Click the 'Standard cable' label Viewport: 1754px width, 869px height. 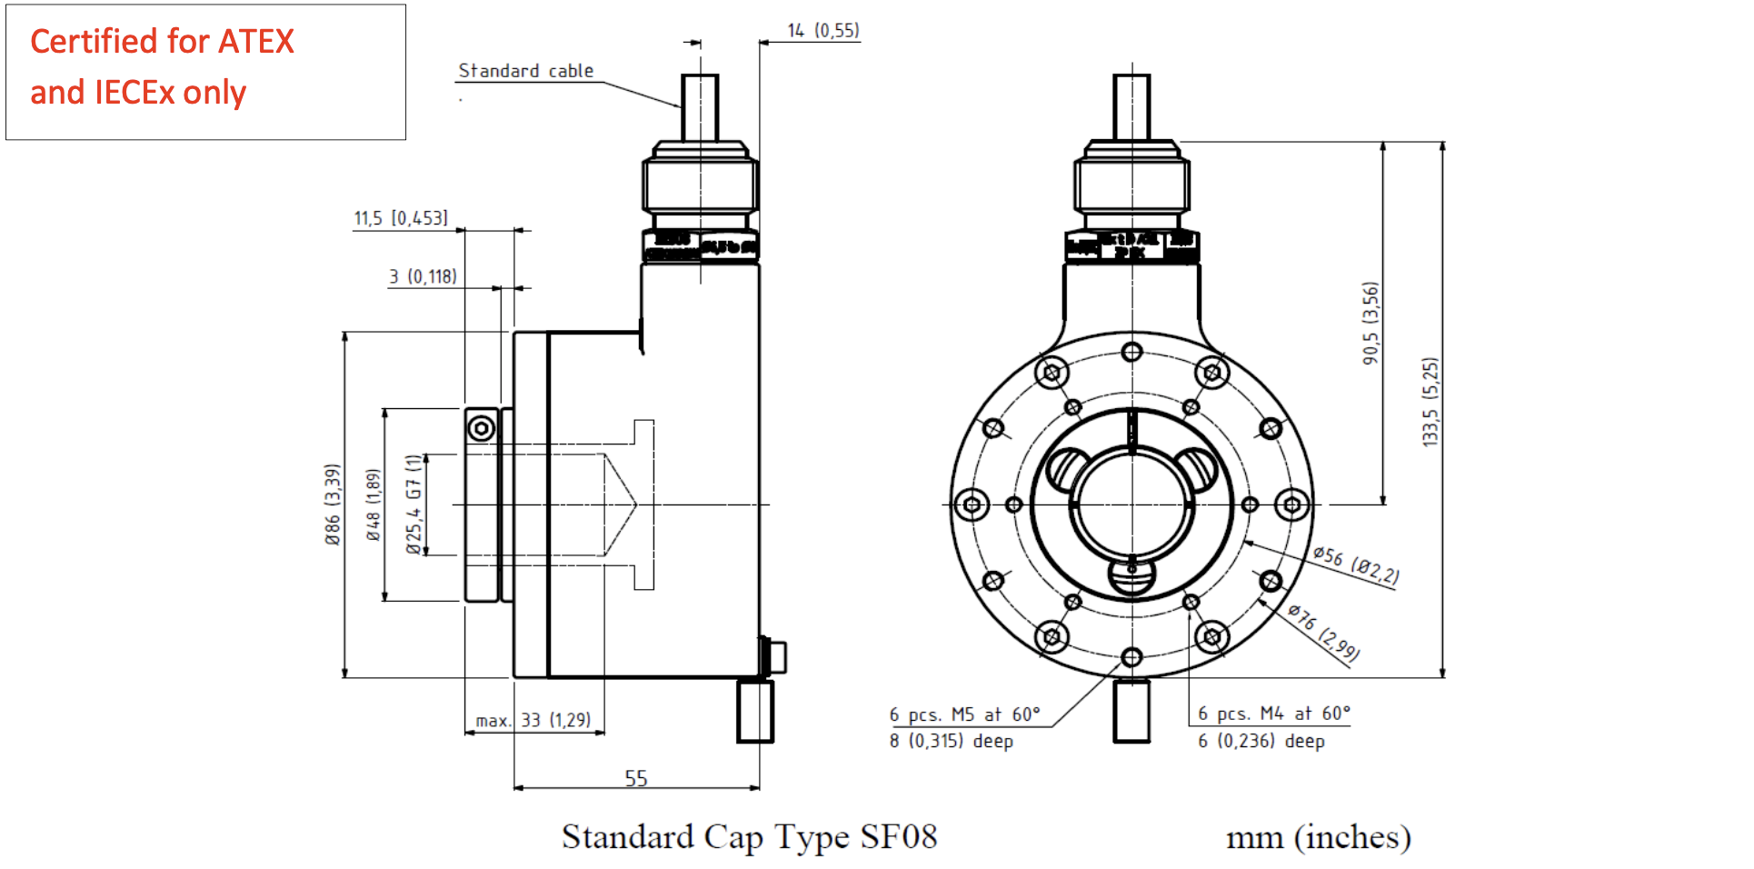[x=525, y=71]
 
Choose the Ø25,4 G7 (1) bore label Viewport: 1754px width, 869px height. [x=414, y=504]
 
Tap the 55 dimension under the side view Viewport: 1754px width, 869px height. [x=636, y=779]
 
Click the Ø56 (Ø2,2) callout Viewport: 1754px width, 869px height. [x=1356, y=565]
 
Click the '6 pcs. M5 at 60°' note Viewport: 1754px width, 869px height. [x=964, y=714]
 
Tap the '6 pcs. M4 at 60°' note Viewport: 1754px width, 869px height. [x=1273, y=714]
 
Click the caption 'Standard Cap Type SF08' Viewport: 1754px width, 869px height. [x=749, y=837]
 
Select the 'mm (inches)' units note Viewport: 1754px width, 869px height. [x=1318, y=837]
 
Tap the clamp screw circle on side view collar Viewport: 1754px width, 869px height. [x=482, y=428]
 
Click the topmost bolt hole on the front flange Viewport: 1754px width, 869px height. [x=1131, y=352]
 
